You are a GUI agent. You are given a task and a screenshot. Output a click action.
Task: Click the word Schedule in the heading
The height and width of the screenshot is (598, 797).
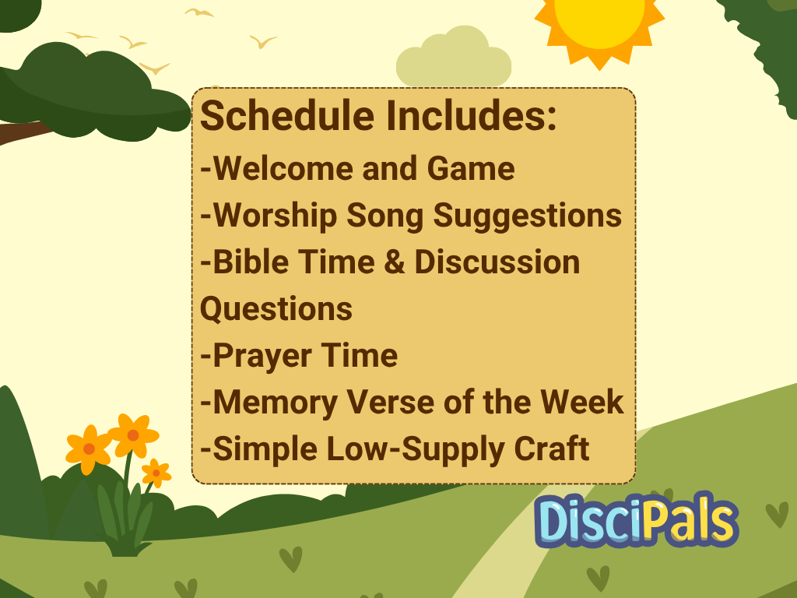coord(287,115)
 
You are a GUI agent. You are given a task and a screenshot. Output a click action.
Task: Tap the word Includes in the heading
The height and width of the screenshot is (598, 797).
coord(471,115)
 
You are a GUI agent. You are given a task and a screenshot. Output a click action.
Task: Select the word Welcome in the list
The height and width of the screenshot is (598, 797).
coord(283,168)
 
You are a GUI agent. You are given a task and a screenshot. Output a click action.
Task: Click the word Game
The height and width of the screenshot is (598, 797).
coord(471,168)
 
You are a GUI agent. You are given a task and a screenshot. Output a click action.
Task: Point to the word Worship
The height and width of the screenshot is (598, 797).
coord(275,216)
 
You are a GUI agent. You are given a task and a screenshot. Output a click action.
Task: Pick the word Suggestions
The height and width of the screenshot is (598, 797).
coord(527,216)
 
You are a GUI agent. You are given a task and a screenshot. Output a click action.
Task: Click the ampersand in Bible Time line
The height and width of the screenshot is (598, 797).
coord(395,262)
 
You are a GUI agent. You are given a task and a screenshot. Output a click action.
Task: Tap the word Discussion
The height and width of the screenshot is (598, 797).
coord(497,262)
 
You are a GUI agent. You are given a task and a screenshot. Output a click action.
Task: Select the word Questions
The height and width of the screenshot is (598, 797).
coord(276,309)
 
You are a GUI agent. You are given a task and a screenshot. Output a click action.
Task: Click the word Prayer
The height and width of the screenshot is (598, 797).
coord(262,356)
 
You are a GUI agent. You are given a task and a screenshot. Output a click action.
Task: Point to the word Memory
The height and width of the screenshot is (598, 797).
coord(276,403)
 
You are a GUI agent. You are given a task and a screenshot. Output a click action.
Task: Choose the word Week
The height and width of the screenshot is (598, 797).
coord(582,402)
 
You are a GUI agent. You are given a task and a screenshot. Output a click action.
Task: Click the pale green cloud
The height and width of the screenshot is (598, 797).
coord(454,58)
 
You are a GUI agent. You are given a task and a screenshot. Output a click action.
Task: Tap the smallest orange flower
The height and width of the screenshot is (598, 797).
coord(156,473)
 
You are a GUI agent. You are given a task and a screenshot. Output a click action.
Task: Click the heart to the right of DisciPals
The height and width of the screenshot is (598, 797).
coord(778,515)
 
